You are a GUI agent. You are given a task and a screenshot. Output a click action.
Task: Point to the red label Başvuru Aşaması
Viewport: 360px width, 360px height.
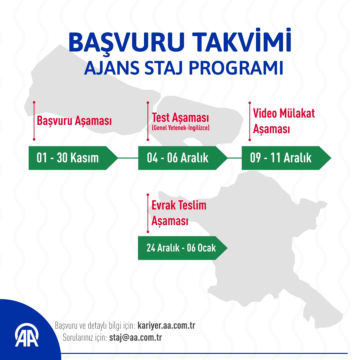click(74, 121)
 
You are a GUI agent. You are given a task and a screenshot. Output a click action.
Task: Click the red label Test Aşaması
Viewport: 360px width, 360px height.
click(180, 118)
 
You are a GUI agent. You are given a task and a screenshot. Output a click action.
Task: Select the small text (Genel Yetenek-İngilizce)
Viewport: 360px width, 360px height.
click(180, 128)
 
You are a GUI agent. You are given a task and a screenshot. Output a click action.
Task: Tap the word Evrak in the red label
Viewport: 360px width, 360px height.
click(164, 205)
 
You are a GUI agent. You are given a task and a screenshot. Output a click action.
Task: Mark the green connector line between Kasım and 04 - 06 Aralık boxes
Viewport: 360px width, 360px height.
click(128, 158)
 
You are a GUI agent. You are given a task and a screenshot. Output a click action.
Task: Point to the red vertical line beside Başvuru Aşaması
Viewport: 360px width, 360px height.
click(34, 121)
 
